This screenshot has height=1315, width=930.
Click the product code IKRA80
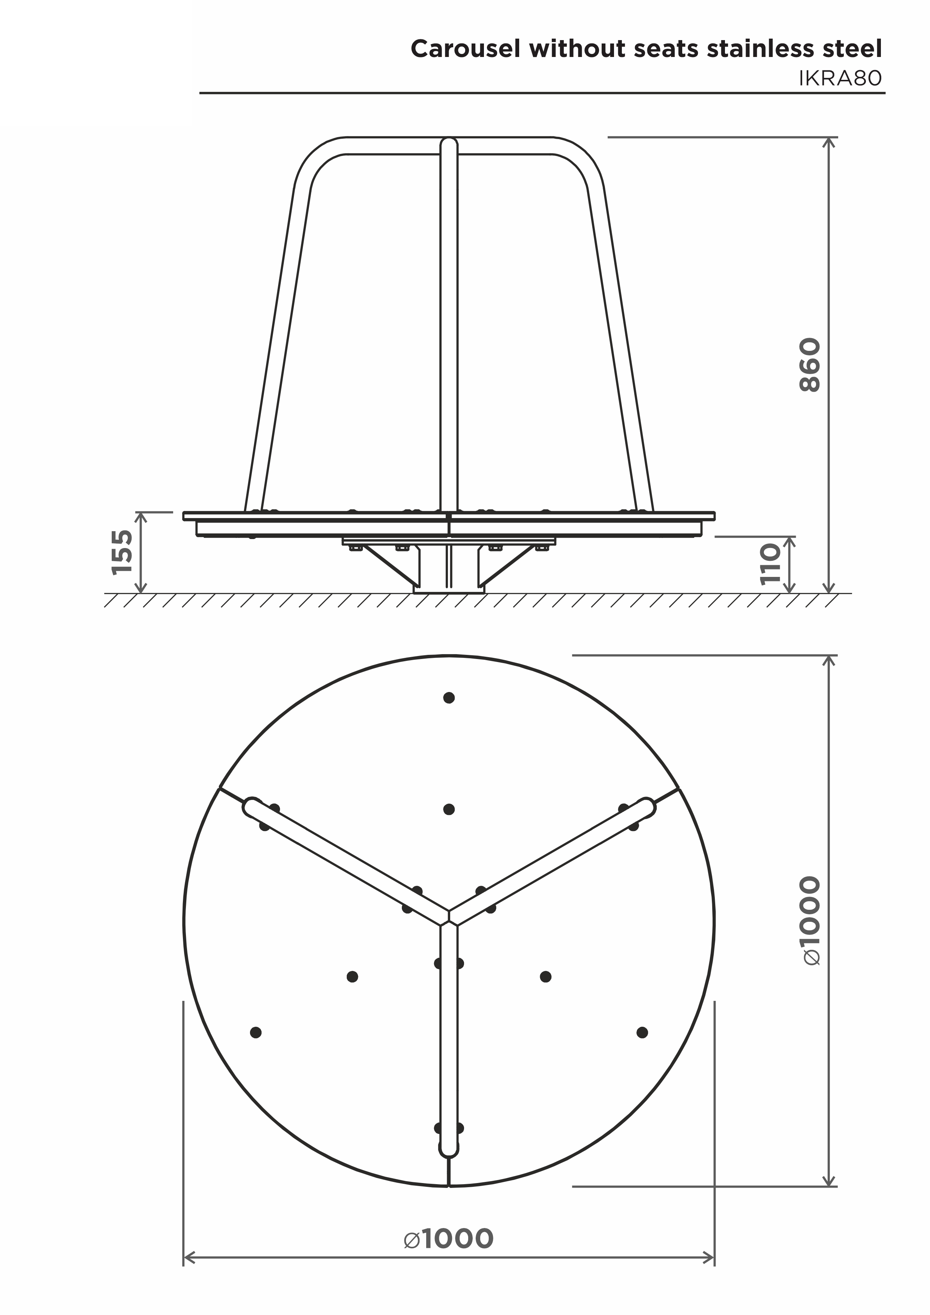(840, 78)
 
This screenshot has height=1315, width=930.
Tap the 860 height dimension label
(810, 365)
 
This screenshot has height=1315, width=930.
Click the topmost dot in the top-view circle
(449, 698)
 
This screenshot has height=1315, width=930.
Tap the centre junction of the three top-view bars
(449, 916)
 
